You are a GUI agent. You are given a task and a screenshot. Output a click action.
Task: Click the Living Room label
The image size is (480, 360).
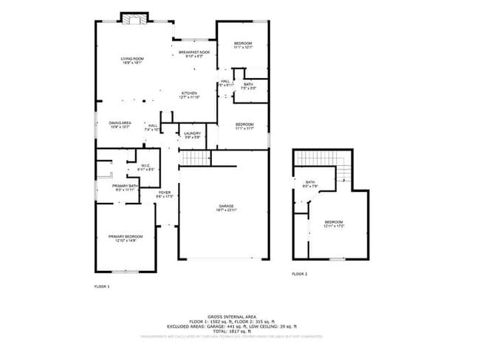pyautogui.click(x=133, y=60)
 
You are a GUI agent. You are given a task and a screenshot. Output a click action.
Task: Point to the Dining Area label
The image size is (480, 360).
pyautogui.click(x=120, y=124)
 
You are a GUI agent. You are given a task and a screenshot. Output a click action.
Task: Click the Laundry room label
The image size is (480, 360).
pyautogui.click(x=193, y=134)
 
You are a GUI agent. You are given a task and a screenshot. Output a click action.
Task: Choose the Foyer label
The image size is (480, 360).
pyautogui.click(x=165, y=194)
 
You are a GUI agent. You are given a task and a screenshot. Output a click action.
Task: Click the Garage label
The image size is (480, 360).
pyautogui.click(x=225, y=207)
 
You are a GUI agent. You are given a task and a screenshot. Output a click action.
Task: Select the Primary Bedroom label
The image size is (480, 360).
pyautogui.click(x=126, y=238)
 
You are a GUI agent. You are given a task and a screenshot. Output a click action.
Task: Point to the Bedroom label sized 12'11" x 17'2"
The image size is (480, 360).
pyautogui.click(x=334, y=224)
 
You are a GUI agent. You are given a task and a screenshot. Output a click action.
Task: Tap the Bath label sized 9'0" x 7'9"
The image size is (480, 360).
pyautogui.click(x=310, y=184)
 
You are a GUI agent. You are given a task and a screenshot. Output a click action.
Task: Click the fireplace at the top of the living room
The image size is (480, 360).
pyautogui.click(x=134, y=18)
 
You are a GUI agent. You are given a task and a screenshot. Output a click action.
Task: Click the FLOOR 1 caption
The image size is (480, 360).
pyautogui.click(x=102, y=285)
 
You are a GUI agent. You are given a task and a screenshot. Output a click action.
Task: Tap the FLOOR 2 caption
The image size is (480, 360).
pyautogui.click(x=299, y=274)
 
